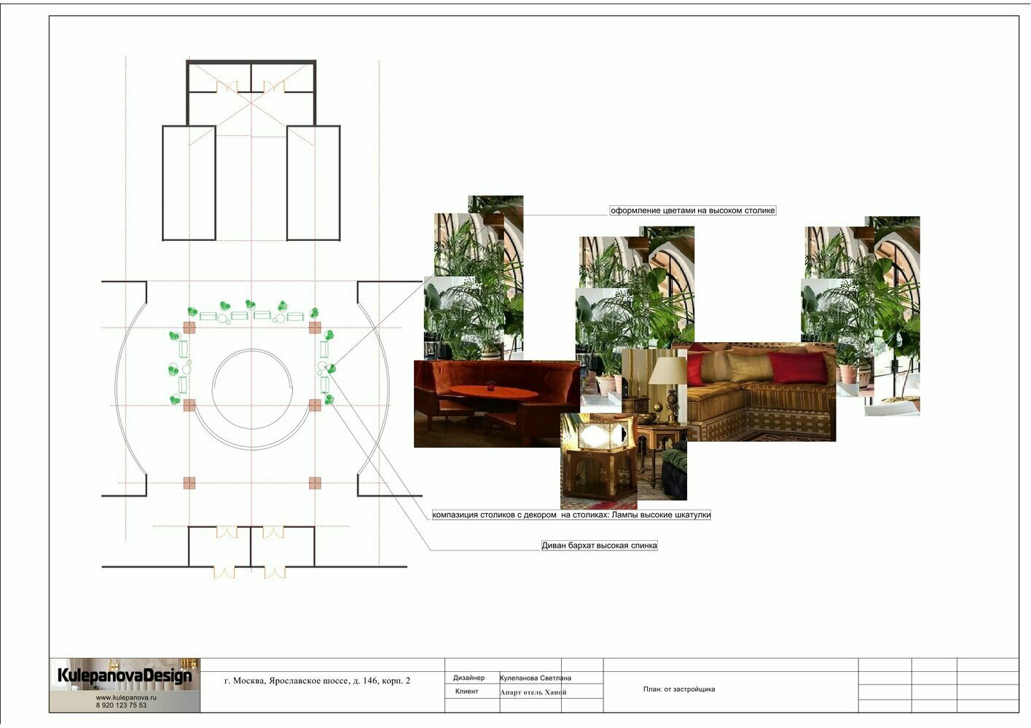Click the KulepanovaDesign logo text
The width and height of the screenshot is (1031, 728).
(125, 676)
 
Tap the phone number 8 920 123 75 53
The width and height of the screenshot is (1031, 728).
(122, 705)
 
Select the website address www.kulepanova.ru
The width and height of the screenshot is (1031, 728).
(126, 697)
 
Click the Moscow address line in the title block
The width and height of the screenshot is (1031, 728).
(317, 681)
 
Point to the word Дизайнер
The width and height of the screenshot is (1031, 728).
(469, 678)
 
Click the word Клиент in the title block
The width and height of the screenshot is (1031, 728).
(467, 691)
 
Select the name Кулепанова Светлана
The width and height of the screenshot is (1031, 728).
(536, 678)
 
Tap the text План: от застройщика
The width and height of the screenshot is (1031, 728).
(679, 689)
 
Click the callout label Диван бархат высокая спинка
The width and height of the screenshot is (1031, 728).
(599, 545)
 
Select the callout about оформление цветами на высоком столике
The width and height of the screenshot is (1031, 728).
(693, 210)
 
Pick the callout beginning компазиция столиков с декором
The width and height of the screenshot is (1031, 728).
(571, 515)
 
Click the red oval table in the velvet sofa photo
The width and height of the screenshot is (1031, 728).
(493, 392)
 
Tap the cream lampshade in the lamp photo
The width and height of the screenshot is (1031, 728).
(667, 371)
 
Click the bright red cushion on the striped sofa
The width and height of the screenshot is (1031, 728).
(798, 368)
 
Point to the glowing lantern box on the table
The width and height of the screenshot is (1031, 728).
(600, 435)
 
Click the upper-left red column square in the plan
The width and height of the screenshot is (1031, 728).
(189, 328)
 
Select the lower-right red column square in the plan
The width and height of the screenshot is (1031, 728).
(315, 483)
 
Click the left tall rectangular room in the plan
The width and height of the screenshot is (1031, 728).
(189, 183)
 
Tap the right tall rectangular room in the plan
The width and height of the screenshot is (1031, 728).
(313, 183)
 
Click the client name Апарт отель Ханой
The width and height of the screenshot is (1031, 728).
(533, 692)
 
